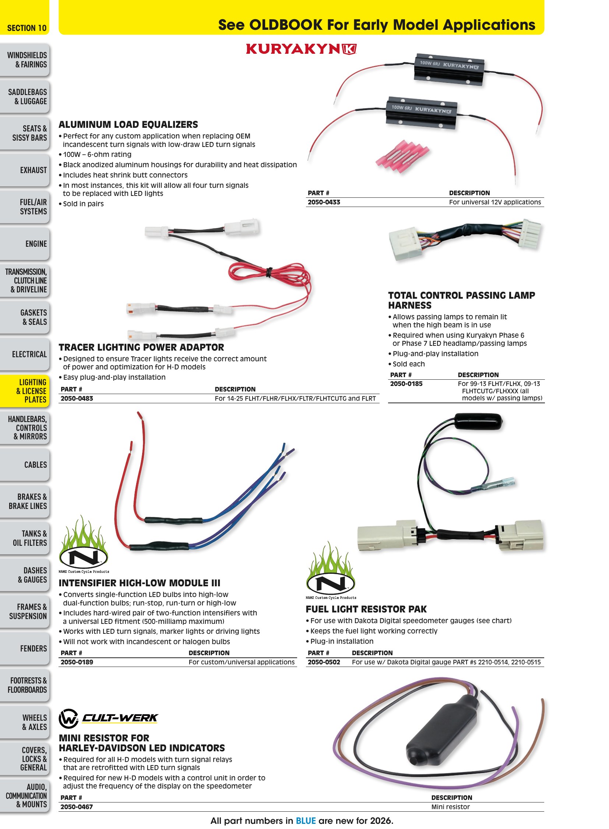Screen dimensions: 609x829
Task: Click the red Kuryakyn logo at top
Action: (x=301, y=49)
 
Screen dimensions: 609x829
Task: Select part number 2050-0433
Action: (x=324, y=202)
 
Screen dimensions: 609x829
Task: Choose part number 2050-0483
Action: (x=77, y=398)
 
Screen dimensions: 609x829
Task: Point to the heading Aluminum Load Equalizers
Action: (x=128, y=124)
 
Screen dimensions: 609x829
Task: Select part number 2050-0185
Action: (x=406, y=383)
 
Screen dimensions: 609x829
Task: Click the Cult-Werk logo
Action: (x=108, y=718)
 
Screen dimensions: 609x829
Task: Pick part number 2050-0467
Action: (x=77, y=807)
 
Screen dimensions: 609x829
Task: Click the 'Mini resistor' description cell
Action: (x=450, y=807)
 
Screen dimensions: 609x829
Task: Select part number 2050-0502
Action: (x=324, y=662)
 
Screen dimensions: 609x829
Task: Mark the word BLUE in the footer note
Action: (x=306, y=821)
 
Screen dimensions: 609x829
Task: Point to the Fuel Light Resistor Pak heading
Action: (x=366, y=609)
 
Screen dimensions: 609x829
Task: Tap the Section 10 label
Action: (x=27, y=28)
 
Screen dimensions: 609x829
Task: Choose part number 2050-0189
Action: (x=77, y=662)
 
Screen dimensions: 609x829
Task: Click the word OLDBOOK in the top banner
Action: (x=286, y=25)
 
